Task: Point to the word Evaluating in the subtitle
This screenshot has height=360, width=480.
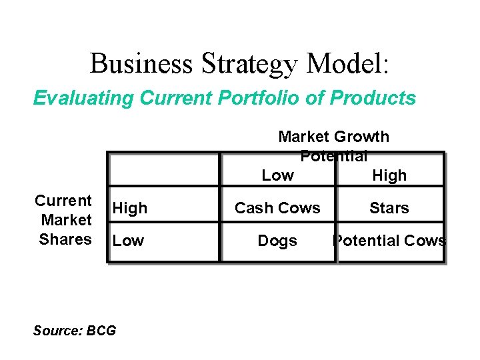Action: coord(83,99)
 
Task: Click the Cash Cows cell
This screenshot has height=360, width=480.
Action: coord(277,208)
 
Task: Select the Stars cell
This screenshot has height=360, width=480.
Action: coord(389,208)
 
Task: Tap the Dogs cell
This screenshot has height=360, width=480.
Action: coord(277,241)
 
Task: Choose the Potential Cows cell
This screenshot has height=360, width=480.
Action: coord(389,241)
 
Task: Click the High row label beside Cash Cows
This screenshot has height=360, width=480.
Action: coord(130,208)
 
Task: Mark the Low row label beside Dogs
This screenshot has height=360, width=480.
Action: coord(128,241)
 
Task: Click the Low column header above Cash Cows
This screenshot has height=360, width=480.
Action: coord(277,175)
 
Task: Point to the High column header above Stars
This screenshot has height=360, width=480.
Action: coord(389,176)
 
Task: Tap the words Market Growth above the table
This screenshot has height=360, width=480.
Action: coord(333,137)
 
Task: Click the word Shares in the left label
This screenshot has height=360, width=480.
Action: coord(65,239)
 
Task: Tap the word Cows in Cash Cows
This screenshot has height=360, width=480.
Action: coord(300,208)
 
